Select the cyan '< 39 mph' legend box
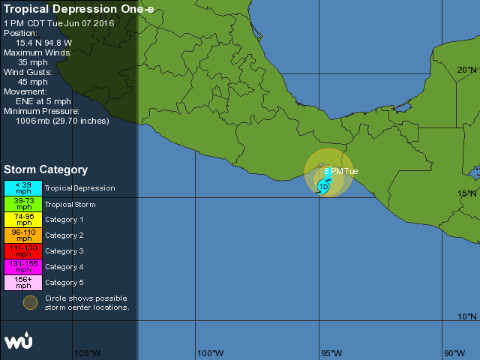tap(24, 188)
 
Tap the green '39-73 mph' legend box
tap(24, 204)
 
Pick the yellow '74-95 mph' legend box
tap(24, 220)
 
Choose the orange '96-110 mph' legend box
tap(24, 235)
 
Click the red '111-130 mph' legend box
tap(24, 251)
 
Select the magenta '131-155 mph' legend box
tap(24, 267)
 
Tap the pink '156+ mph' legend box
tap(24, 283)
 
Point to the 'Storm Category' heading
tap(46, 170)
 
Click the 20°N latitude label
tap(466, 70)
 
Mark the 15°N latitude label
tap(466, 193)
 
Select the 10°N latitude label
tap(466, 317)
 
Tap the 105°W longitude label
tap(87, 353)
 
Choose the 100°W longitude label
tap(210, 353)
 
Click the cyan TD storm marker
tap(323, 186)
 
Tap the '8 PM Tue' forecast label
tap(341, 171)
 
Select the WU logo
tap(18, 340)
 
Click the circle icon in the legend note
tap(30, 302)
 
